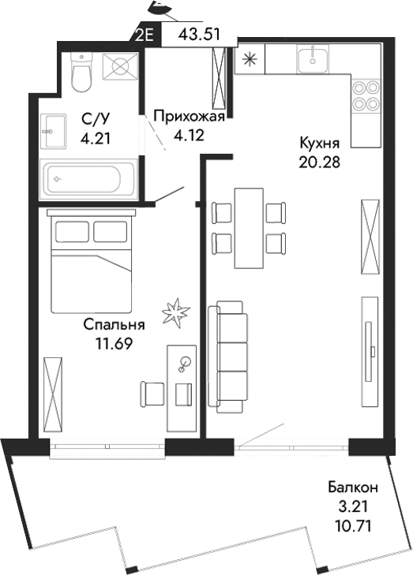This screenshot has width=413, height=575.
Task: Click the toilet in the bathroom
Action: tap(80, 73)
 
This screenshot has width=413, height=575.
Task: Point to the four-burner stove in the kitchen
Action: tap(364, 95)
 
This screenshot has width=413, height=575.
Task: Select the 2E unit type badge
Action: tap(146, 35)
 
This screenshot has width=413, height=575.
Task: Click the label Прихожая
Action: tap(189, 117)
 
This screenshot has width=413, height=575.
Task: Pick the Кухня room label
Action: tap(319, 144)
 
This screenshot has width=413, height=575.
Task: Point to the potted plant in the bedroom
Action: tap(175, 313)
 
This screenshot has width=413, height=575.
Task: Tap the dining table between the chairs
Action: tap(250, 227)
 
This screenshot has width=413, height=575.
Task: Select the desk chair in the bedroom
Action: tap(152, 392)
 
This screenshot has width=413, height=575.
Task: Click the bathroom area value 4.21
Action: tap(95, 137)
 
